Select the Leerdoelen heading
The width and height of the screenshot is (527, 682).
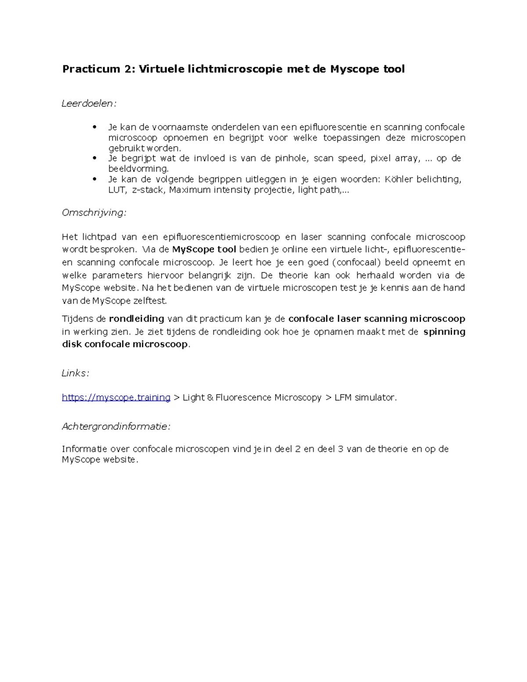[89, 104]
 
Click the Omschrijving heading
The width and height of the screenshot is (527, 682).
[94, 213]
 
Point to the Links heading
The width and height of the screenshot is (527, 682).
[76, 373]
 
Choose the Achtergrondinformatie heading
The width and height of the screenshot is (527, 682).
[116, 426]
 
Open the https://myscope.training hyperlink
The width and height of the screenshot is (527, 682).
[116, 397]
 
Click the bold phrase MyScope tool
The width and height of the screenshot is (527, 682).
[204, 250]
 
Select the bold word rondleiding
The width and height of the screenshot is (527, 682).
[137, 319]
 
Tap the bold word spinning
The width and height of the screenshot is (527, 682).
[444, 332]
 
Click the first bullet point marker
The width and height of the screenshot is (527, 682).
[94, 127]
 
